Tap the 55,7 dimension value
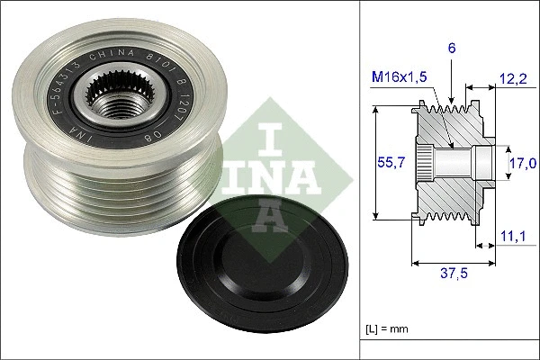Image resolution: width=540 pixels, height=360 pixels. click(x=384, y=162)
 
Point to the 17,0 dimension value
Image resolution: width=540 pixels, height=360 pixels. click(x=523, y=163)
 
